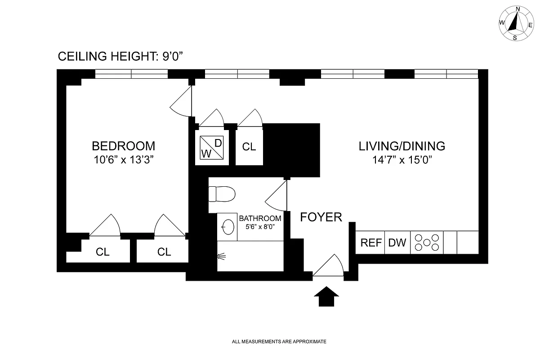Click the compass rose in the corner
pyautogui.click(x=515, y=23)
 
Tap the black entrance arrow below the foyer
pyautogui.click(x=326, y=297)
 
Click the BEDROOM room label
pyautogui.click(x=123, y=146)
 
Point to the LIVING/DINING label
pyautogui.click(x=402, y=146)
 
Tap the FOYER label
pyautogui.click(x=321, y=217)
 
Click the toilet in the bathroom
pyautogui.click(x=223, y=194)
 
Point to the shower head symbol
pyautogui.click(x=221, y=256)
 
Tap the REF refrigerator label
pyautogui.click(x=371, y=243)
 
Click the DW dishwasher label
pyautogui.click(x=397, y=243)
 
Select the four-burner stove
pyautogui.click(x=427, y=243)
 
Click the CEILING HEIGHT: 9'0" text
pyautogui.click(x=121, y=57)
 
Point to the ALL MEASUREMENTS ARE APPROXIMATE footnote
pyautogui.click(x=279, y=342)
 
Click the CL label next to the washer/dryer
pyautogui.click(x=249, y=147)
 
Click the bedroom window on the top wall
pyautogui.click(x=131, y=74)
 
